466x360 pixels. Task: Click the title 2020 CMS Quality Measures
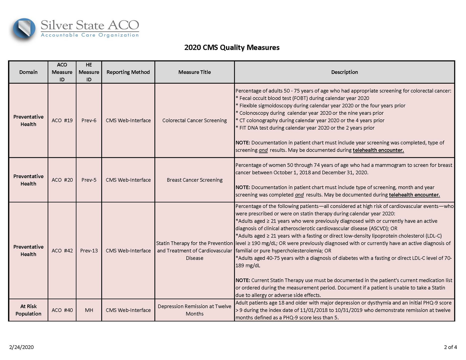point(232,47)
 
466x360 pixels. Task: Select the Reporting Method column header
point(128,72)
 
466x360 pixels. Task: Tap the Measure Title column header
point(194,72)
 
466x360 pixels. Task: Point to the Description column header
point(344,72)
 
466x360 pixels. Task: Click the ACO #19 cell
point(62,120)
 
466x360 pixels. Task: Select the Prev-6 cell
point(89,120)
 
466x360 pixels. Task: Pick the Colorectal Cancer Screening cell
point(194,120)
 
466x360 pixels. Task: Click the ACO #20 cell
point(62,180)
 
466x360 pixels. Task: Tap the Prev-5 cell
point(89,180)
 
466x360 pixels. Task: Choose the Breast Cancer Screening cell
point(194,180)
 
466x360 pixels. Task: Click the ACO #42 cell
point(62,251)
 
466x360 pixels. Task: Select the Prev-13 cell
point(89,251)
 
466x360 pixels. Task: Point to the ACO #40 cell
point(62,310)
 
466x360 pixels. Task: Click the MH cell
point(89,310)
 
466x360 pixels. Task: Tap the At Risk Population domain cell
point(28,310)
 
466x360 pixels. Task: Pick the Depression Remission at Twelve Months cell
point(194,310)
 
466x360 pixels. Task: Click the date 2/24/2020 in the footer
point(22,347)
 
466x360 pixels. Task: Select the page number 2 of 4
point(450,347)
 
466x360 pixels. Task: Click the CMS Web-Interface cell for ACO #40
point(128,310)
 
